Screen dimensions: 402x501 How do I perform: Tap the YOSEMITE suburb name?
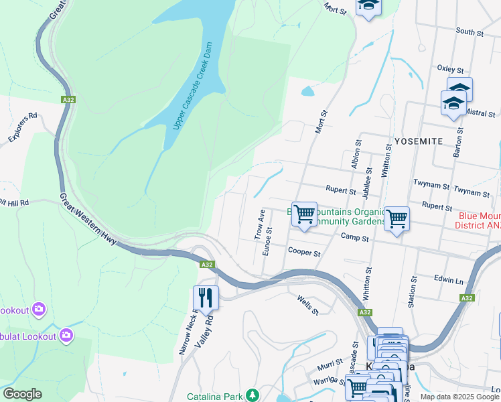tap(419, 141)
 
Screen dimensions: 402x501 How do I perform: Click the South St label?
tap(470, 31)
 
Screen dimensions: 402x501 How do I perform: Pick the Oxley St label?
tap(450, 69)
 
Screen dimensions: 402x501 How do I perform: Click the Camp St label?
tap(355, 238)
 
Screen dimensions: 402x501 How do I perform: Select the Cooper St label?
tap(304, 253)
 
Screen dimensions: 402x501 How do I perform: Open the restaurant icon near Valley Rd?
tap(206, 297)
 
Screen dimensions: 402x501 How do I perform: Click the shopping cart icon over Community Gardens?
tap(304, 214)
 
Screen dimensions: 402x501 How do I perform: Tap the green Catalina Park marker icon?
tap(252, 395)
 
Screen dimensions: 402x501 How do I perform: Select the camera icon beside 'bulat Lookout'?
tap(66, 334)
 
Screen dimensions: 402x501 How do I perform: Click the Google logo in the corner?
tap(23, 394)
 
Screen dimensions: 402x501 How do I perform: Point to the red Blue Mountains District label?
tap(478, 220)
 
